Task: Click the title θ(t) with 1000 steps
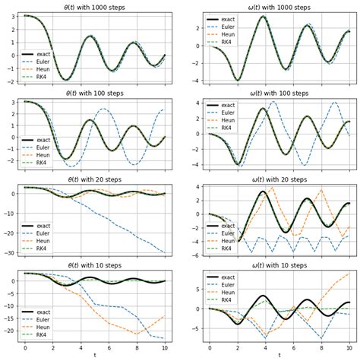point(95,7)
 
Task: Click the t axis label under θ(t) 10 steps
point(95,355)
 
